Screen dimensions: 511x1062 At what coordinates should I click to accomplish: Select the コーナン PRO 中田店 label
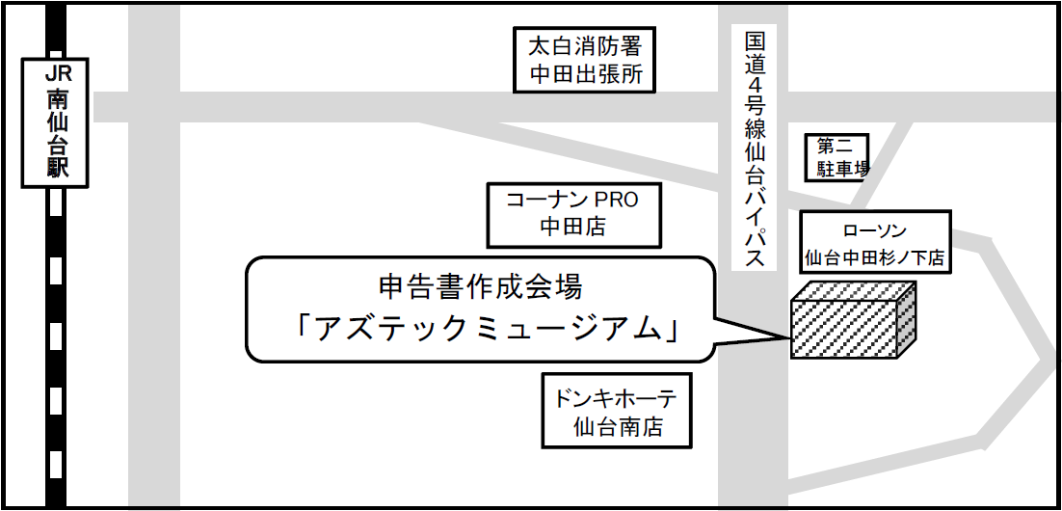pos(573,213)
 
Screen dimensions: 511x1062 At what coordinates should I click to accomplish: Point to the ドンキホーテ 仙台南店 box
pos(618,411)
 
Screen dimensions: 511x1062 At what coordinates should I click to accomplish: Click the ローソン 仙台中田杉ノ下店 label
pos(875,243)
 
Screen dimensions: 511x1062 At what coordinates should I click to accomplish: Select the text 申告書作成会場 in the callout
pos(482,287)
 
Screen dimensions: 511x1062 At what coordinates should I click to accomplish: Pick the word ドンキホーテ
pos(618,396)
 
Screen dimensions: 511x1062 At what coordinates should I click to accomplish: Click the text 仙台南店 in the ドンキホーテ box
pos(618,426)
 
